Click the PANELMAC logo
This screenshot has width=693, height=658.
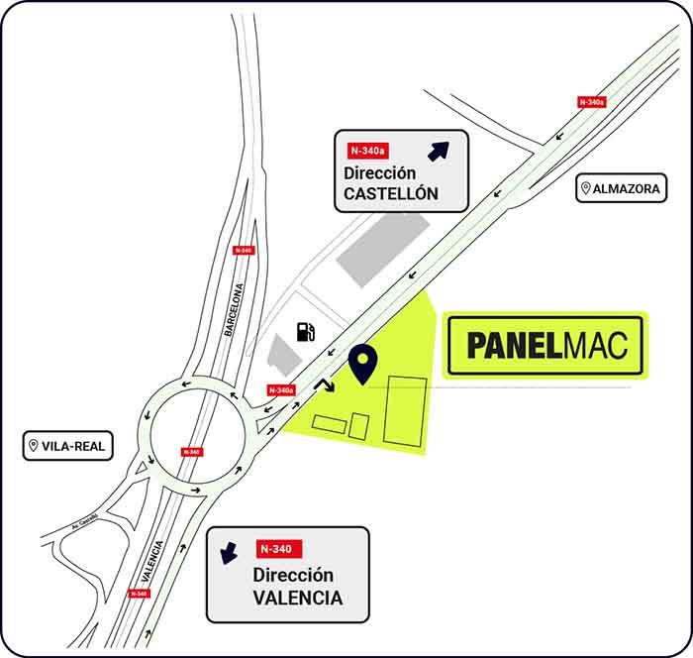[x=545, y=345]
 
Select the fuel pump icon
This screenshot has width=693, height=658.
[x=307, y=331]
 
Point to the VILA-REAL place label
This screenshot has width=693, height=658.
[x=66, y=446]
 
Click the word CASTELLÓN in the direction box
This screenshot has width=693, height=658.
[x=390, y=193]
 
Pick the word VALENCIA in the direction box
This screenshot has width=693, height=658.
[x=297, y=598]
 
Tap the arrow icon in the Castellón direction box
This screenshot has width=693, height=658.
[x=438, y=151]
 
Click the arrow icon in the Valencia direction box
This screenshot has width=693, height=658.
[x=230, y=553]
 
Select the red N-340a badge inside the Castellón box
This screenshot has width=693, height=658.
[x=368, y=151]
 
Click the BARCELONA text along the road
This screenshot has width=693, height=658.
[x=234, y=310]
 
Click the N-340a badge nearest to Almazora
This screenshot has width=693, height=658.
[x=592, y=102]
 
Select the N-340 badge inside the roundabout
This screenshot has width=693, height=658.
[x=191, y=452]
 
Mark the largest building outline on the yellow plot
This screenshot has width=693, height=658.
[x=405, y=409]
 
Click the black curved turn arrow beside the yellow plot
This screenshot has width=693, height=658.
[x=324, y=385]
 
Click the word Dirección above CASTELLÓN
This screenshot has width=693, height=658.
[x=379, y=172]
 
